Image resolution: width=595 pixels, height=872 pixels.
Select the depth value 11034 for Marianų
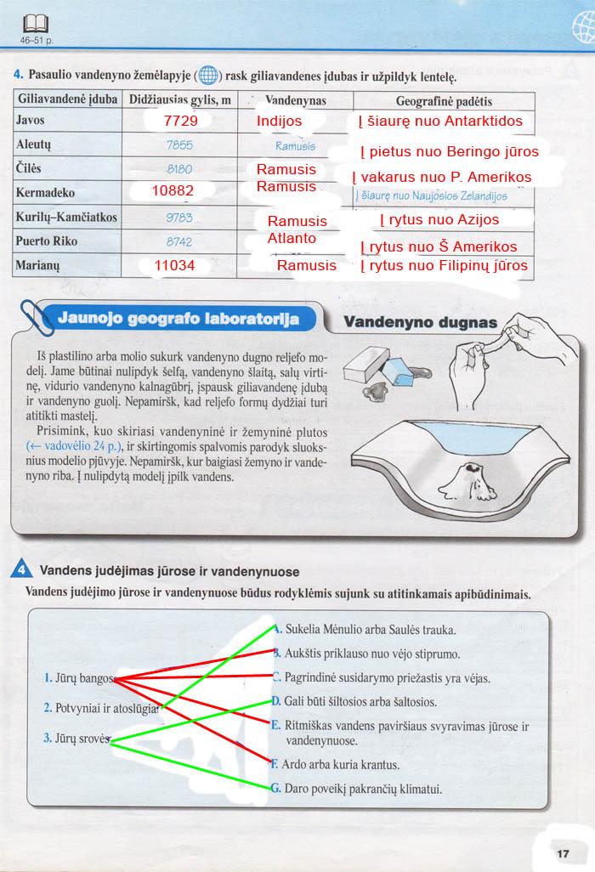[x=175, y=266]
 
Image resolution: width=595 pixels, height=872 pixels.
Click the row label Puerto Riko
[x=47, y=241]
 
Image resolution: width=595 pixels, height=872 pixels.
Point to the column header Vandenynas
[x=290, y=100]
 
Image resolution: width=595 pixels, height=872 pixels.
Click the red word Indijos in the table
[x=279, y=122]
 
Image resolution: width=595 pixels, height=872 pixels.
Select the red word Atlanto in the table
[x=292, y=239]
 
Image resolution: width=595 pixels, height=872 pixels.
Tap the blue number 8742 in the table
[x=179, y=241]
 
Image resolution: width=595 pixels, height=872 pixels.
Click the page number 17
[x=563, y=853]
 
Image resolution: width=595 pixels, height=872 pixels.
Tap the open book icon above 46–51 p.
[x=37, y=23]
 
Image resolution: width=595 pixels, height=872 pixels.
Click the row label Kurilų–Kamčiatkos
[x=66, y=218]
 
